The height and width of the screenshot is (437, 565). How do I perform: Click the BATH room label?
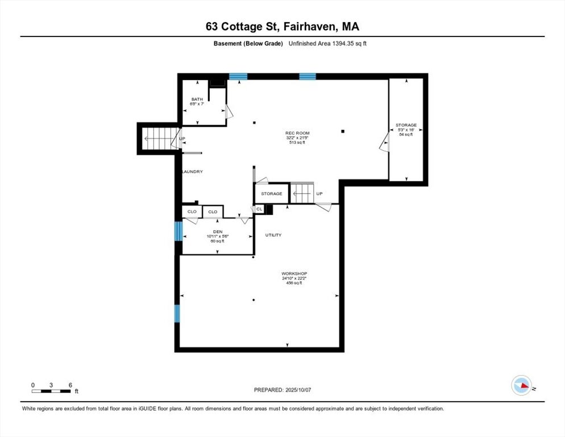point(197,99)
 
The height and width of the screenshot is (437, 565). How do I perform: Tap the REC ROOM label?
point(297,133)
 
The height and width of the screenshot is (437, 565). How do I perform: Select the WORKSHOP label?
point(294,274)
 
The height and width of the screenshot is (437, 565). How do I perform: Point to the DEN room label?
point(218,232)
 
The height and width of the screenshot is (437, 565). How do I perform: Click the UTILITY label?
point(273,235)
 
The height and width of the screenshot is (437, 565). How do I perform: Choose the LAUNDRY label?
point(193,172)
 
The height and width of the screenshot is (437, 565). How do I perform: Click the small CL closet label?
point(259,209)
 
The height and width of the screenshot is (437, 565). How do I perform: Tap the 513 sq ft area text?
point(297,143)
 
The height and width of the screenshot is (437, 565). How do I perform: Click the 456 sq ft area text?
point(294,283)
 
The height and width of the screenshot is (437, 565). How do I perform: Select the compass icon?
point(521,385)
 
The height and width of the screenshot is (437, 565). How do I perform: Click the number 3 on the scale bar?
point(51,385)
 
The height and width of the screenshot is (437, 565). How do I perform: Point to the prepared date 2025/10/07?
point(298,390)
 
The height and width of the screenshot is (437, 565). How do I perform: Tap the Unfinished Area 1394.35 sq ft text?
point(327,44)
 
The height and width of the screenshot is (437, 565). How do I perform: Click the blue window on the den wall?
point(178,231)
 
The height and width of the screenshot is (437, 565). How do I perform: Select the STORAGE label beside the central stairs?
point(272,194)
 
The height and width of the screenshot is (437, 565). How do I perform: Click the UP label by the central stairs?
point(319,194)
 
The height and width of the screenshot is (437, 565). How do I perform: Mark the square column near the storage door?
point(343,131)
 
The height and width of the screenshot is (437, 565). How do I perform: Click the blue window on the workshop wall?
point(177,314)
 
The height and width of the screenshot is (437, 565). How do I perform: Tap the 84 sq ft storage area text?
point(406,135)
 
